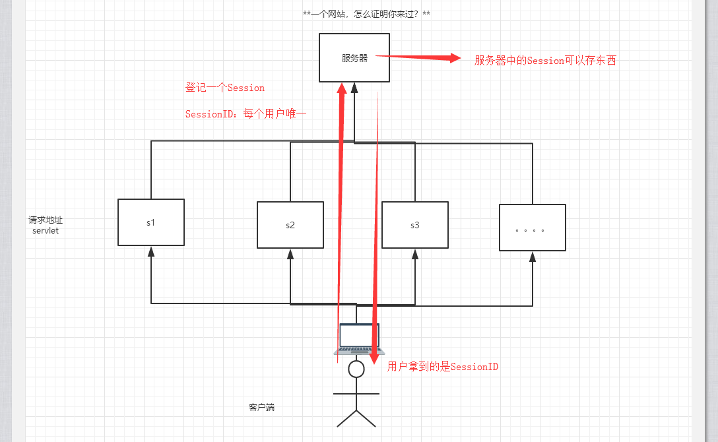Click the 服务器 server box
[354, 58]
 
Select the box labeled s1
[151, 222]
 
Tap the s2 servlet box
[290, 225]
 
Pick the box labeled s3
[415, 225]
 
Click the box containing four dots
[533, 228]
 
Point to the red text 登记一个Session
[225, 88]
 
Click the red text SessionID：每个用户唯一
[245, 114]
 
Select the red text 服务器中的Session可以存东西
[545, 61]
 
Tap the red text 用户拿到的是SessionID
[443, 367]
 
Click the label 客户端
[261, 408]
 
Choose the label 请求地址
[46, 220]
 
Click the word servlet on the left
[46, 231]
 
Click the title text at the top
[367, 14]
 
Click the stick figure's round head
[356, 369]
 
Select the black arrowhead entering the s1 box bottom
[151, 251]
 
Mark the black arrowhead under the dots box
[533, 257]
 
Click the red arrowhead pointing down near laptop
[374, 359]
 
